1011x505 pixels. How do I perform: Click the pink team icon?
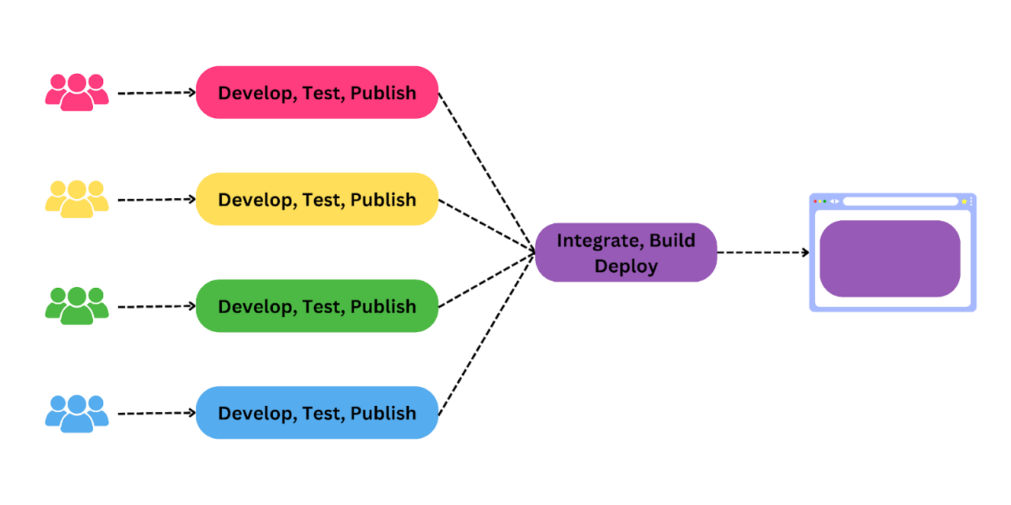click(x=77, y=92)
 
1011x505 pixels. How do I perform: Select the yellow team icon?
click(x=77, y=199)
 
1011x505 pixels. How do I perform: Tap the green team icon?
click(x=77, y=306)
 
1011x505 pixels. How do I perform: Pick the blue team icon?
click(x=77, y=413)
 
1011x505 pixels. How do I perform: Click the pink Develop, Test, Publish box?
click(x=316, y=93)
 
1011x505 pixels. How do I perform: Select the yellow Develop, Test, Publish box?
click(x=316, y=200)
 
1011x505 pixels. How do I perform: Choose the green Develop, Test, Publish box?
click(x=316, y=306)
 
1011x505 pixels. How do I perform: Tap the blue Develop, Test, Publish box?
click(x=316, y=413)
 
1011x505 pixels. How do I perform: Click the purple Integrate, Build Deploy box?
click(x=625, y=252)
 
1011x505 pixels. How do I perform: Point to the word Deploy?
click(x=625, y=266)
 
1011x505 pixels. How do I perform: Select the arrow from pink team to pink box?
click(x=156, y=93)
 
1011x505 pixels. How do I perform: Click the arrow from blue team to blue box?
click(x=156, y=413)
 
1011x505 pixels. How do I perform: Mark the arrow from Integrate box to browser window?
click(x=762, y=252)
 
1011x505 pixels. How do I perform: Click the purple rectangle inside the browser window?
click(x=889, y=259)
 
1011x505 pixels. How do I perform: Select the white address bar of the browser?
click(x=900, y=201)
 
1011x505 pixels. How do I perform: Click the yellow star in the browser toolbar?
click(x=964, y=201)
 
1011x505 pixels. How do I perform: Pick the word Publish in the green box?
click(x=383, y=306)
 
